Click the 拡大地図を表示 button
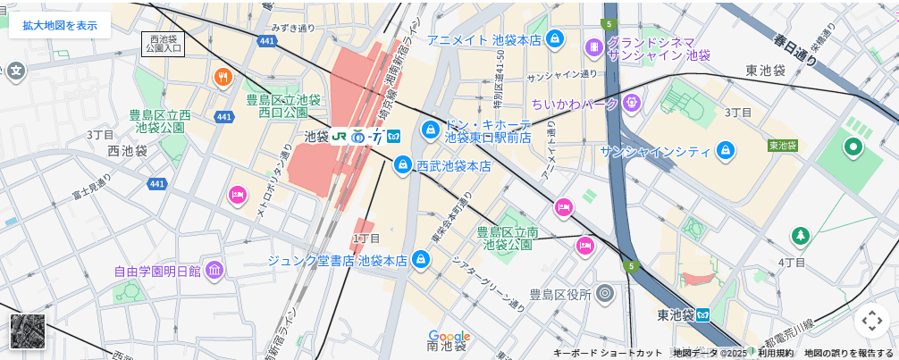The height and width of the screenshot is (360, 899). [x=60, y=25]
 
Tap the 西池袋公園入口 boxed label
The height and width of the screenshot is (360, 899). [x=163, y=45]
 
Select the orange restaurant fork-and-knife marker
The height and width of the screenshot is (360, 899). [x=223, y=77]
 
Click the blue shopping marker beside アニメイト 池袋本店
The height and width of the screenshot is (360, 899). [x=555, y=39]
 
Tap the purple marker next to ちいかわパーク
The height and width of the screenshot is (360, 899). [x=633, y=104]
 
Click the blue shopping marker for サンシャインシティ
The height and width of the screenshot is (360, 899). [x=726, y=151]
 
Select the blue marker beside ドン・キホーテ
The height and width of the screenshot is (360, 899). [x=431, y=130]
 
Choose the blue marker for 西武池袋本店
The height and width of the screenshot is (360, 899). [x=403, y=165]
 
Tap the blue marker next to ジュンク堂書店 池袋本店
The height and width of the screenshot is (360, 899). [x=421, y=260]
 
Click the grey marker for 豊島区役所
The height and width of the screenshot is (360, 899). [x=605, y=293]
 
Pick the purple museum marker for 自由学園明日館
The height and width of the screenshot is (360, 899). [x=214, y=270]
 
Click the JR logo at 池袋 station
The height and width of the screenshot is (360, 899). [x=339, y=137]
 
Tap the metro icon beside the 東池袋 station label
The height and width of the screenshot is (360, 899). [x=703, y=314]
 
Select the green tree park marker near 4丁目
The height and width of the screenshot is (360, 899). [x=800, y=236]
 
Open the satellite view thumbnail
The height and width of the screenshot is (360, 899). [x=28, y=331]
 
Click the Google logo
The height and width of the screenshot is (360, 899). [x=449, y=337]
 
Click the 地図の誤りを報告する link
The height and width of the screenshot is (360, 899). [x=848, y=353]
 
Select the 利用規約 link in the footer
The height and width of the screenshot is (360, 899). [x=775, y=353]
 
